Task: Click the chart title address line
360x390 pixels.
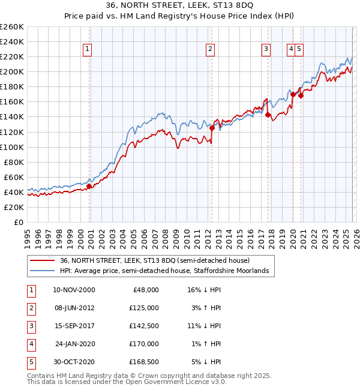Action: [179, 5]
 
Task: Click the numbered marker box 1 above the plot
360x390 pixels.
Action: [88, 49]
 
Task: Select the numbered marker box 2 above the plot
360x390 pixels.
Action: [211, 49]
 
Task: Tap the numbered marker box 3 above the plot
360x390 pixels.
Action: [266, 49]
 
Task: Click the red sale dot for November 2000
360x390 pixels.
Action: [89, 186]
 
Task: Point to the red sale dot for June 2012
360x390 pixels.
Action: [212, 128]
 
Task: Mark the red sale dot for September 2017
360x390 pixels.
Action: [268, 115]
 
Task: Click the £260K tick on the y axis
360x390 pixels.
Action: [12, 27]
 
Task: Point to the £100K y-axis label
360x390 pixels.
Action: [12, 147]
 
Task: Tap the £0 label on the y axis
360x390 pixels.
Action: [18, 222]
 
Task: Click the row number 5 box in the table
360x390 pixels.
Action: [31, 362]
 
